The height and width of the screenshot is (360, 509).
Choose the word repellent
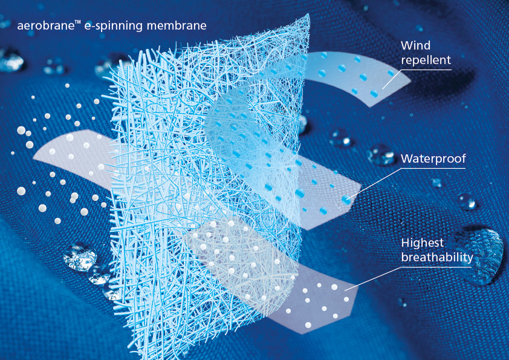426,61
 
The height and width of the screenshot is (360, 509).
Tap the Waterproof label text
433,159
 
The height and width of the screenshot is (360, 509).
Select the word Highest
423,243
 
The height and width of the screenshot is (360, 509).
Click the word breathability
437,258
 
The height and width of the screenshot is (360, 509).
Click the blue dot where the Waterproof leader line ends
346,200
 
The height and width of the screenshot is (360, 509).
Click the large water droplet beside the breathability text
484,255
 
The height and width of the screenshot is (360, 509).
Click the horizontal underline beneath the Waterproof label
433,169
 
